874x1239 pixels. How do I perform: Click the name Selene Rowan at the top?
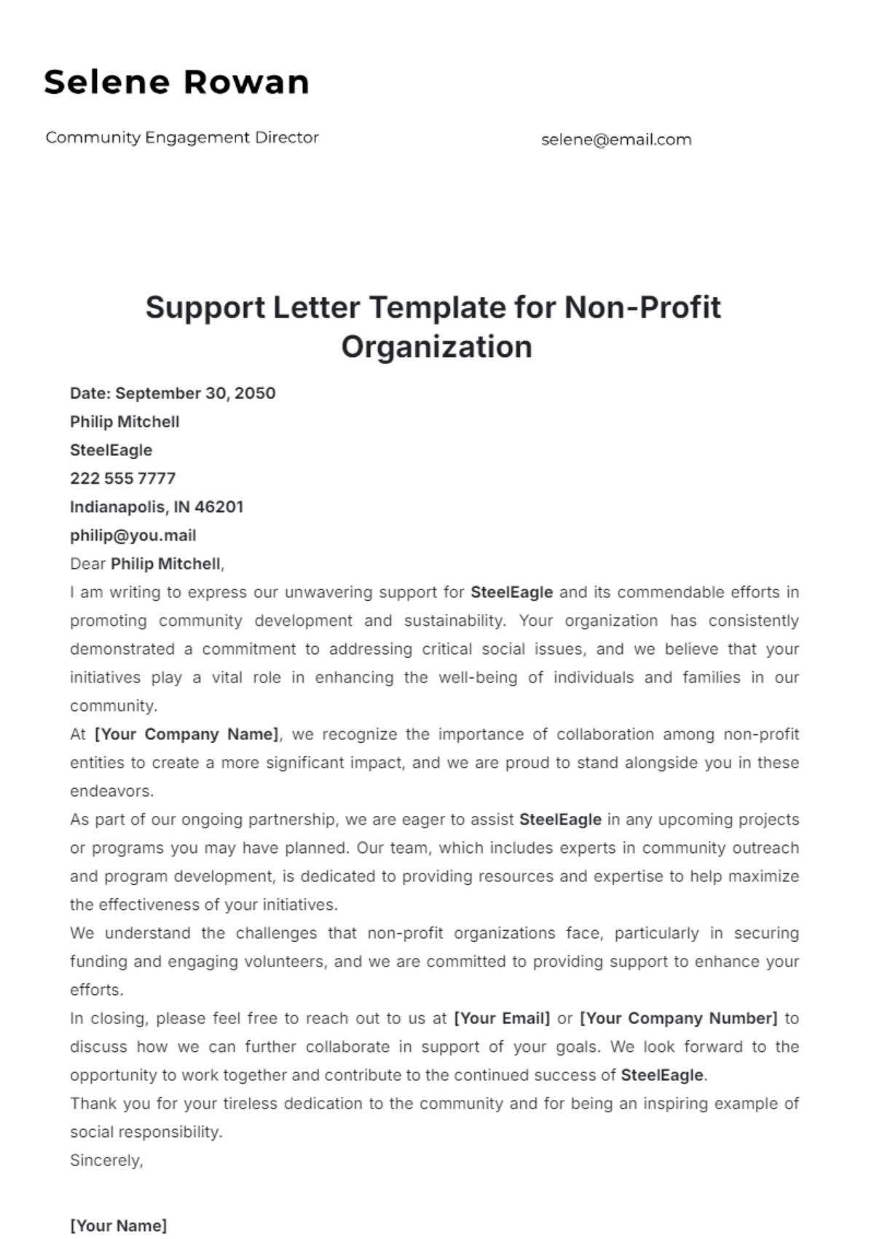tap(177, 82)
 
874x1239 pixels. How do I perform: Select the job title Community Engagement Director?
tap(182, 138)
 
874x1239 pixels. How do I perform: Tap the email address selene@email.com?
tap(616, 140)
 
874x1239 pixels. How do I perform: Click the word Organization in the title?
tap(436, 347)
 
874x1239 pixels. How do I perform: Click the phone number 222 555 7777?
tap(122, 479)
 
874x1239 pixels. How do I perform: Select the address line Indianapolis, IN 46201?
tap(157, 507)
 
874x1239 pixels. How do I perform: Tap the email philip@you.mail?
tap(133, 535)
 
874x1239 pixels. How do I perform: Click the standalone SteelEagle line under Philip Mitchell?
tap(111, 450)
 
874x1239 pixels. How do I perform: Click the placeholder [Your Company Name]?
tap(186, 734)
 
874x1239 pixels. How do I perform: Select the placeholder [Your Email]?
tap(502, 1018)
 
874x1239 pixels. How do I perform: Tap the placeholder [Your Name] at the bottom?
tap(118, 1226)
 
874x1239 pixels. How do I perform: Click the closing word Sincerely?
tap(106, 1160)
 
